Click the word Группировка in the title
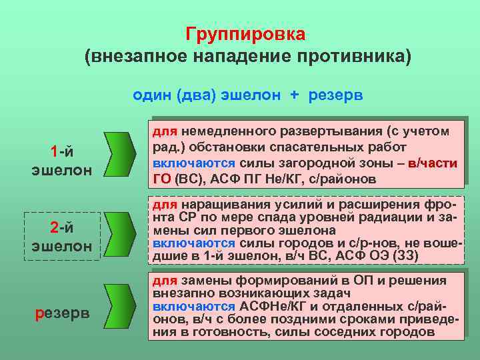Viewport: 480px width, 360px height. click(245, 33)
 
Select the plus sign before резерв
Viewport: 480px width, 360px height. click(294, 95)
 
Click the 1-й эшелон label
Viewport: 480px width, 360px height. click(62, 160)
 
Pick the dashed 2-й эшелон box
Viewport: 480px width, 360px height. click(62, 237)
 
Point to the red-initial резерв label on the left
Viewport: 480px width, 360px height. click(62, 313)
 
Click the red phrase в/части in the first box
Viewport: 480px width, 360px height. click(433, 163)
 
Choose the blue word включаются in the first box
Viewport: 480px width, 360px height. click(194, 163)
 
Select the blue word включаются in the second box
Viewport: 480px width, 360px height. click(194, 244)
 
